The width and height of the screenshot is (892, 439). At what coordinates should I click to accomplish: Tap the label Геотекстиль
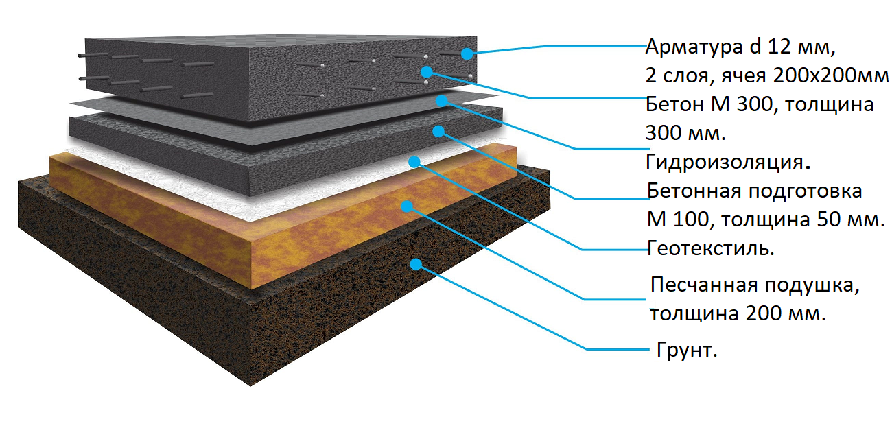click(711, 248)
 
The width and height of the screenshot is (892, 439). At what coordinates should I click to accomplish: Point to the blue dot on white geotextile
click(414, 162)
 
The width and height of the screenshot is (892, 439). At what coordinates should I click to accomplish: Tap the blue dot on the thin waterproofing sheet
click(442, 101)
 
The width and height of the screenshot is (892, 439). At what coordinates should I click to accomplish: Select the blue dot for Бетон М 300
click(426, 71)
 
